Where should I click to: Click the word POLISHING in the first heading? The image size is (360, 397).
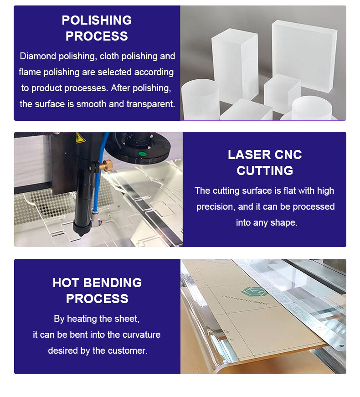click(x=97, y=20)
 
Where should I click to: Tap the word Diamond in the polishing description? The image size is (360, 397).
click(x=38, y=56)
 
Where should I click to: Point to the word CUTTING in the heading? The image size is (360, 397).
click(x=265, y=170)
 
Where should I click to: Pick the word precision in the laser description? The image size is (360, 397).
click(x=215, y=207)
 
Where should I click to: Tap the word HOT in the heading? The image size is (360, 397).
click(x=66, y=283)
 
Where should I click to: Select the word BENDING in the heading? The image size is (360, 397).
click(x=113, y=283)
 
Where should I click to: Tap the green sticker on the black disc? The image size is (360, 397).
click(x=142, y=154)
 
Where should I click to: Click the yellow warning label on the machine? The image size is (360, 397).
click(x=80, y=138)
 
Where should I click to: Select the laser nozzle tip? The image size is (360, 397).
click(x=81, y=232)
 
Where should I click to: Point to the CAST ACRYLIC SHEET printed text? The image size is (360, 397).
click(x=245, y=300)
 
